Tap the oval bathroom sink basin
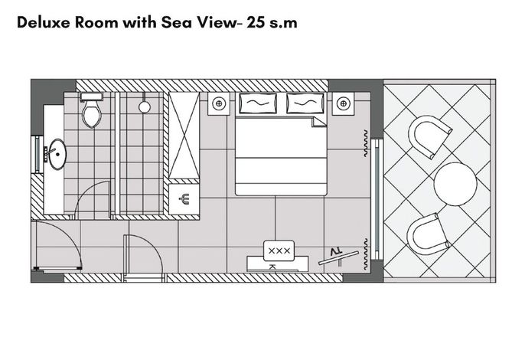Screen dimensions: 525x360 tap(57, 154)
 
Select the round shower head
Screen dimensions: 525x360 tap(145, 107)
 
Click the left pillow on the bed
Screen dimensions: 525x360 tap(258, 103)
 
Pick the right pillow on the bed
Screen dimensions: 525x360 tap(305, 103)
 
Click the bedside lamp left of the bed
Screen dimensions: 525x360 tap(219, 103)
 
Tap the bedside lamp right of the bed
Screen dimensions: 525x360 tap(343, 103)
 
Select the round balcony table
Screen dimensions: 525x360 tap(455, 184)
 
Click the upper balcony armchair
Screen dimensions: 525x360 tap(429, 136)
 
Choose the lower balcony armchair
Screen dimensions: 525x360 tap(427, 234)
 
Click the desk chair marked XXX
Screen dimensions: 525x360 tap(279, 250)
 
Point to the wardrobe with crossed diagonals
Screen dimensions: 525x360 tap(184, 135)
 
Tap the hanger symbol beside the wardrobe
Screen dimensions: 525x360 tap(184, 199)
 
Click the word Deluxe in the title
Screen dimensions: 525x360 tap(44, 22)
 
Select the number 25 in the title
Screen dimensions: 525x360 tap(255, 22)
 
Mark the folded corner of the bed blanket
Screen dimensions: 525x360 tap(319, 121)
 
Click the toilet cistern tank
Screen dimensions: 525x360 tap(91, 97)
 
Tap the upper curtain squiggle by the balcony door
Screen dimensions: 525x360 tap(366, 143)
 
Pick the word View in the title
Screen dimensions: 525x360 tap(217, 22)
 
